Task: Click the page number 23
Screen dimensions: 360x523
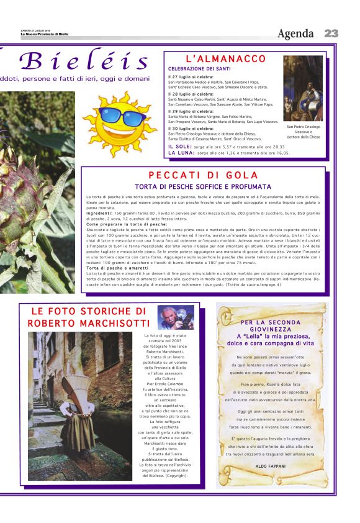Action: click(x=331, y=34)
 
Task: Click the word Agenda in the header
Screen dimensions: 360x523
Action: click(x=299, y=34)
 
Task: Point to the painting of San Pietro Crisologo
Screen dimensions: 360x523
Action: click(x=303, y=88)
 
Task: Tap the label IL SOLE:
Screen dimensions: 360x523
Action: click(x=181, y=147)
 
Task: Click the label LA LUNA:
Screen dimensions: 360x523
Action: click(x=181, y=152)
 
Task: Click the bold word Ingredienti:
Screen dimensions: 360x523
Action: click(x=99, y=213)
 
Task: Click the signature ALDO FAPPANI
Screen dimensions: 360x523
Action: click(x=270, y=465)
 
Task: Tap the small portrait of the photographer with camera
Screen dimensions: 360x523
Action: click(x=176, y=317)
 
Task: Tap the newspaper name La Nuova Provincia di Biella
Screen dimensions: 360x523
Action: click(x=44, y=34)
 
